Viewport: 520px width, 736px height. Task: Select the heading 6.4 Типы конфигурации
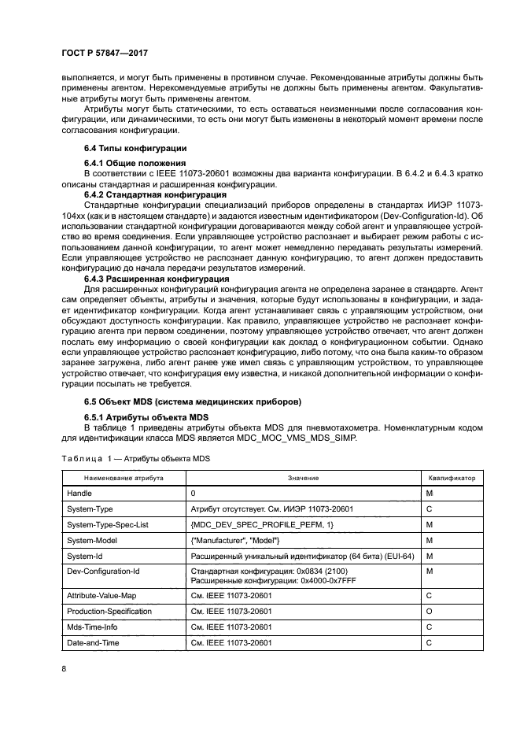click(x=135, y=149)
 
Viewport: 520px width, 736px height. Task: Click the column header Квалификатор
click(x=454, y=478)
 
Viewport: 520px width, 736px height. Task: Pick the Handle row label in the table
click(x=79, y=493)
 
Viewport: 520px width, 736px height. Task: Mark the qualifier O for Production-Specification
click(x=430, y=612)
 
